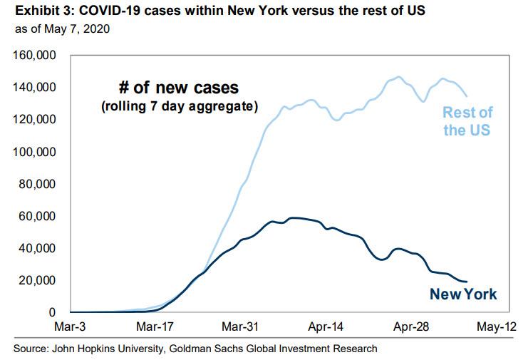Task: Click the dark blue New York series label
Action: (x=463, y=294)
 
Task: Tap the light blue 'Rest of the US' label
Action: (x=467, y=121)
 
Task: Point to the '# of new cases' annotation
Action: (x=178, y=88)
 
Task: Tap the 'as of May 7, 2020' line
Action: (x=62, y=29)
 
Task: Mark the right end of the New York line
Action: (x=467, y=282)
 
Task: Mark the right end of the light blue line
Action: (x=467, y=96)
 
